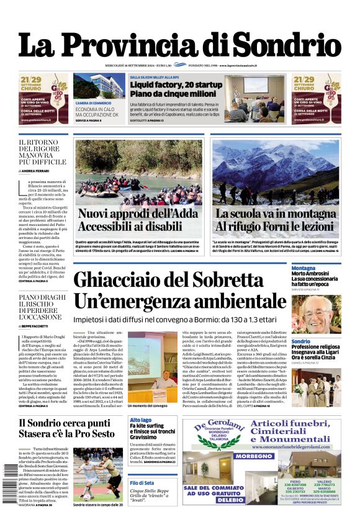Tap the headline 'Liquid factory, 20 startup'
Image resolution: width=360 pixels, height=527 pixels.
point(176,84)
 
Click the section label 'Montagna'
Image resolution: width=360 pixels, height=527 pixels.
point(304,268)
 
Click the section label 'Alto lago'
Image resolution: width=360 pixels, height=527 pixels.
point(140,420)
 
